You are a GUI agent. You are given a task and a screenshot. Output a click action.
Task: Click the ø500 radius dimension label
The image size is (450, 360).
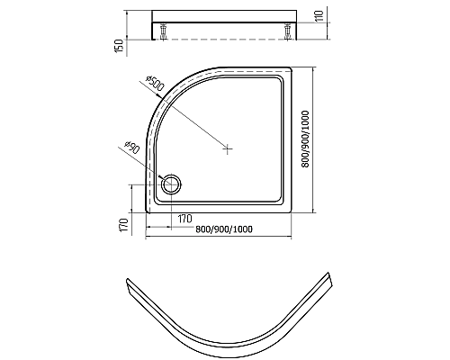[x=155, y=84]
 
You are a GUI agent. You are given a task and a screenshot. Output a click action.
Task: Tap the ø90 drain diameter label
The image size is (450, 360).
[x=131, y=147]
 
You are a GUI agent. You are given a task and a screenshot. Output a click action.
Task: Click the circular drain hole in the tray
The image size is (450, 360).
[x=171, y=184]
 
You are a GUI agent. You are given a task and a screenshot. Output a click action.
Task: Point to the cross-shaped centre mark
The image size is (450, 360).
[x=228, y=148]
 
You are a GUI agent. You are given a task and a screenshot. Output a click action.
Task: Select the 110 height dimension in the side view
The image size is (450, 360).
[x=319, y=15]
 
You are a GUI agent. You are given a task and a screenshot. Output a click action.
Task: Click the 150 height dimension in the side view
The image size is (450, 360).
[x=119, y=46]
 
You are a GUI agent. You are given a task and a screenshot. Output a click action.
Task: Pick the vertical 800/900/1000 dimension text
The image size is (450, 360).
[x=305, y=139]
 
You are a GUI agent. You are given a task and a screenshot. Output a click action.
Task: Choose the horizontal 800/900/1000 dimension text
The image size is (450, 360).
[x=224, y=229]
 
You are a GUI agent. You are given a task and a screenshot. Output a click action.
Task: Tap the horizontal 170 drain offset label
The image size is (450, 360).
[x=185, y=219]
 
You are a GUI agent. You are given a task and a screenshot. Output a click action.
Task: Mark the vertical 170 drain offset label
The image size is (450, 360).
[x=123, y=225]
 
